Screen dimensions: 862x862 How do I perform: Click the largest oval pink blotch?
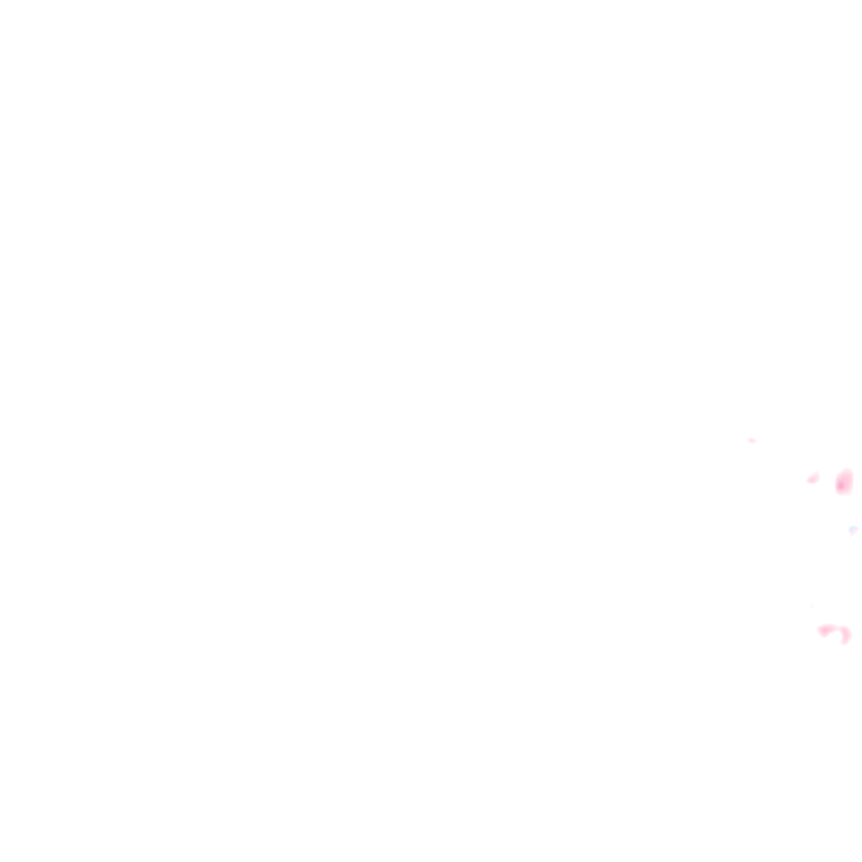tap(844, 482)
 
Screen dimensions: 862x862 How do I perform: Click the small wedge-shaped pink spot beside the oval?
tap(813, 478)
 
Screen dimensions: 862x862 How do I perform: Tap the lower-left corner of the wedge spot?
tap(808, 482)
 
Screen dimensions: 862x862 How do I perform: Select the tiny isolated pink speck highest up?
tap(751, 440)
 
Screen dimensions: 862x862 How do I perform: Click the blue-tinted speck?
tap(853, 530)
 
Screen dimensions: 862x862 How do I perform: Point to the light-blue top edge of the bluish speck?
tap(853, 527)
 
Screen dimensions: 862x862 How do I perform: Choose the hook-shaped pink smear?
tap(834, 631)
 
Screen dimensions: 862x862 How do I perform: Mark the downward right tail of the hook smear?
tap(846, 636)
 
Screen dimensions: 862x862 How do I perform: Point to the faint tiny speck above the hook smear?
tap(811, 605)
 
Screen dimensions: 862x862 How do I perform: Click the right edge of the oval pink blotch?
tap(853, 482)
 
